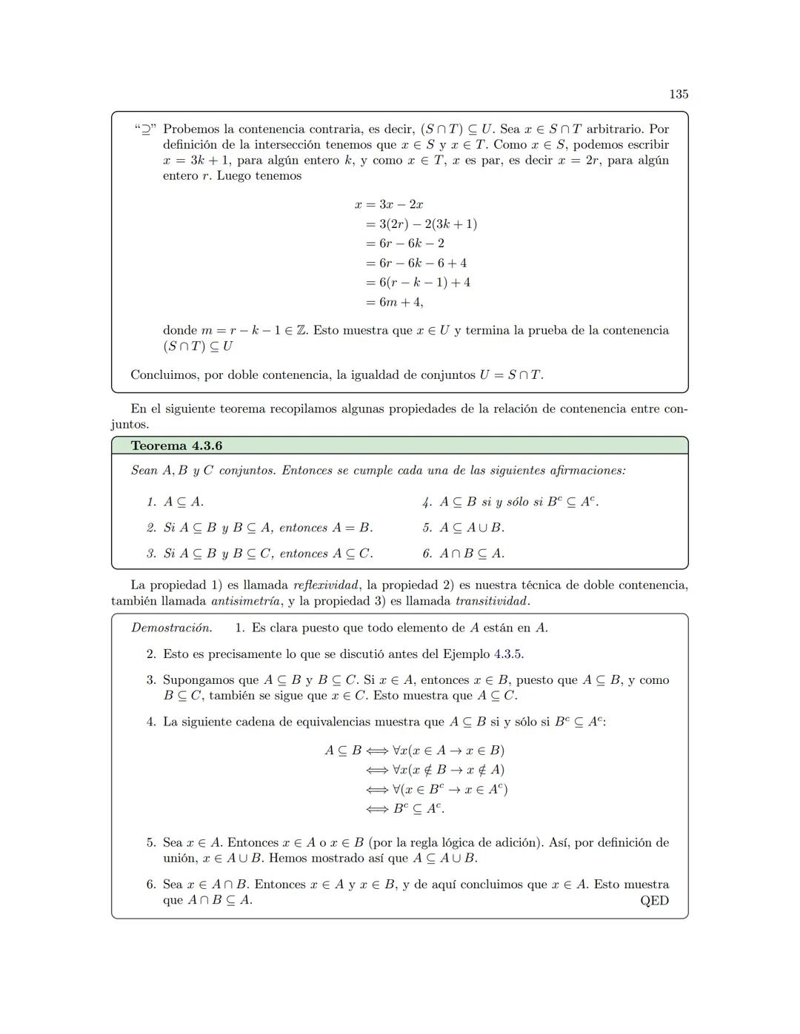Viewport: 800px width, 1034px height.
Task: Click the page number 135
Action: click(679, 94)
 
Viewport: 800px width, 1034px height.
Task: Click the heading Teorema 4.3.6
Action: click(176, 446)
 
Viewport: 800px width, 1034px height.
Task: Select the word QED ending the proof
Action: click(654, 901)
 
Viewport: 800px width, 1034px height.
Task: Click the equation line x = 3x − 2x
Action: click(389, 204)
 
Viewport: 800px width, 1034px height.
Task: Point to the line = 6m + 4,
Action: click(394, 302)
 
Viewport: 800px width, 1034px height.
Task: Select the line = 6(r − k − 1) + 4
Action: click(418, 282)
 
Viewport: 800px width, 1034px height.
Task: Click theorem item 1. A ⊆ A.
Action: click(175, 502)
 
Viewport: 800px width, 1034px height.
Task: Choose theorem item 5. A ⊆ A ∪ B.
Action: click(463, 528)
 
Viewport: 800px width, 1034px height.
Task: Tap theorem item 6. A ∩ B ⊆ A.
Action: click(463, 554)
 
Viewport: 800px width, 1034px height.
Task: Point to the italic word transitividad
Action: click(492, 601)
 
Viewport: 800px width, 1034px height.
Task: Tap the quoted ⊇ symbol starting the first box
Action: click(144, 130)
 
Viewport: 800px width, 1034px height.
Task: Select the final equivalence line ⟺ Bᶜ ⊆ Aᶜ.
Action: click(405, 808)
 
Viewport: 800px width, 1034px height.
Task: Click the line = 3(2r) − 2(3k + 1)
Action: click(421, 224)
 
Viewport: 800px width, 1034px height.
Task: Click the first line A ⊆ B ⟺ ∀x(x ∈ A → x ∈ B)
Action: click(415, 751)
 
